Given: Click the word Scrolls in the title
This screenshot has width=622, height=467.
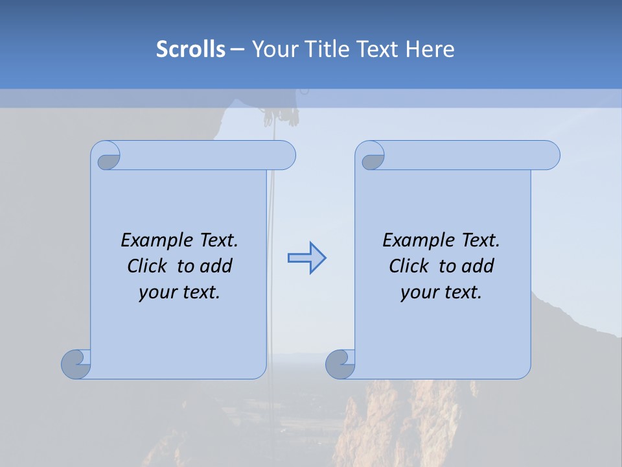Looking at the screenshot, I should [190, 49].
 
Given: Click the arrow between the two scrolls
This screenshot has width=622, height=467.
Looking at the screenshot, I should [306, 257].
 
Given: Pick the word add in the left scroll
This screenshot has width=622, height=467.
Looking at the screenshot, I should [216, 266].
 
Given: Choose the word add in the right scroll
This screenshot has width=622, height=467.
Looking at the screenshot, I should [478, 266].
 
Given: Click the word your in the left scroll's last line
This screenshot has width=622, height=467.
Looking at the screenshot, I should [157, 293].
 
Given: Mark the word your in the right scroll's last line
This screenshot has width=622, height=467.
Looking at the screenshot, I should [419, 293].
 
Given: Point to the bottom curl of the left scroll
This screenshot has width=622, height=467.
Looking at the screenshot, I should [76, 363].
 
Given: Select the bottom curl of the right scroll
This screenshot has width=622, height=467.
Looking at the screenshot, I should [340, 363].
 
